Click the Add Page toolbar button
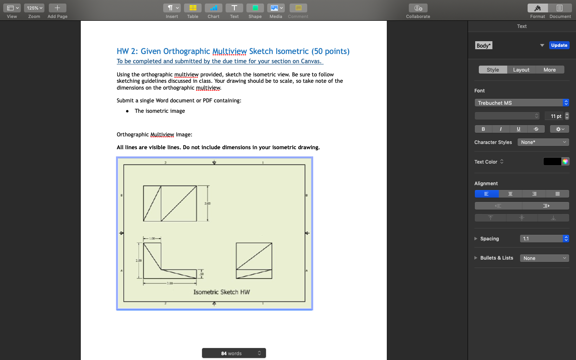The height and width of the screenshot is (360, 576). coord(57,8)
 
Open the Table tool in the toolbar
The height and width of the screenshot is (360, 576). coord(192,8)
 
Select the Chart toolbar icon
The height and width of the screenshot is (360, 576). coord(213,8)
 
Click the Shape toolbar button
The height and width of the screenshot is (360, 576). coord(255,8)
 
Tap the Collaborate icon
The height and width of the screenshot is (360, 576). coord(418,8)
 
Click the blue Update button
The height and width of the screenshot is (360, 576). coord(559,45)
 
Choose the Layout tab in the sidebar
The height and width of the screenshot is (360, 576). coord(521,70)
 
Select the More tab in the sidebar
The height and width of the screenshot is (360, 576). coord(550,70)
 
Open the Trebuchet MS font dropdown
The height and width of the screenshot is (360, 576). coord(521,103)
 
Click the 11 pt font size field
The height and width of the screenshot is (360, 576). coord(554,116)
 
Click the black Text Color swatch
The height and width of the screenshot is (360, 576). coord(552,162)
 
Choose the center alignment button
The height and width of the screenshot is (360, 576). coord(510,194)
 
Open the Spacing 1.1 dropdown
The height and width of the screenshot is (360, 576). coord(544,239)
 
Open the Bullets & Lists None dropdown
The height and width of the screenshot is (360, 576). coord(544,258)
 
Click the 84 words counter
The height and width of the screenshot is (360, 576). coord(234,353)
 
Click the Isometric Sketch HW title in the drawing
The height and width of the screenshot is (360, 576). coord(222,292)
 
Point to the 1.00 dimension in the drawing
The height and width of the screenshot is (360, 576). coord(152,238)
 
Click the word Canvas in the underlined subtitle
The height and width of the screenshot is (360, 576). coord(311,61)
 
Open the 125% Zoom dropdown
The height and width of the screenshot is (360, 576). coord(34,8)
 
